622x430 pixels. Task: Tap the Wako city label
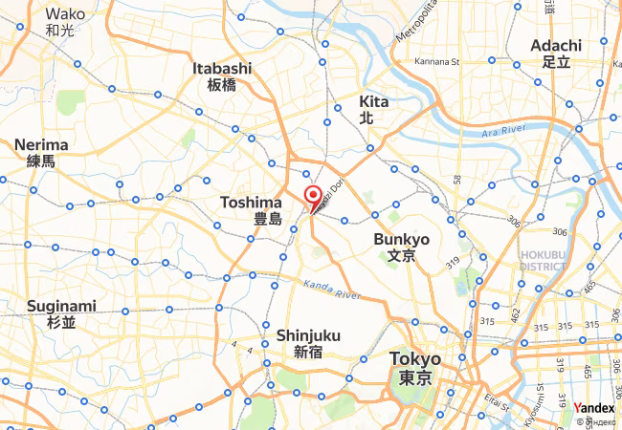click(64, 21)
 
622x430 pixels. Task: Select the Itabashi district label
click(222, 75)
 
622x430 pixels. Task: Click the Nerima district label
click(40, 152)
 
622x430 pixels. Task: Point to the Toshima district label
click(251, 210)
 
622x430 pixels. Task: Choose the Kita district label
click(373, 109)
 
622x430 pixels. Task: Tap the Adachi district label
click(555, 53)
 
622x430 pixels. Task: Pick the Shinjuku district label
click(303, 343)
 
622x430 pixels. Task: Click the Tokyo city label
click(416, 367)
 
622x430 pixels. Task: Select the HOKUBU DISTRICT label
click(544, 260)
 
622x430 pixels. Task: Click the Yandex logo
click(593, 407)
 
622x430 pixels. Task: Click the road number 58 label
click(457, 180)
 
